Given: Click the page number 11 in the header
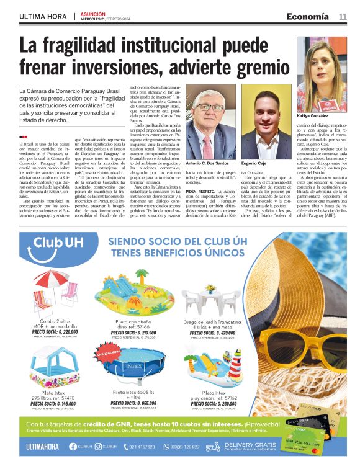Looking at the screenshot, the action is click(x=343, y=16).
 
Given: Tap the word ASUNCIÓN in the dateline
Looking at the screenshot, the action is click(x=93, y=13).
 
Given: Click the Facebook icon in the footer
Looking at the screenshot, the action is click(x=73, y=447).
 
